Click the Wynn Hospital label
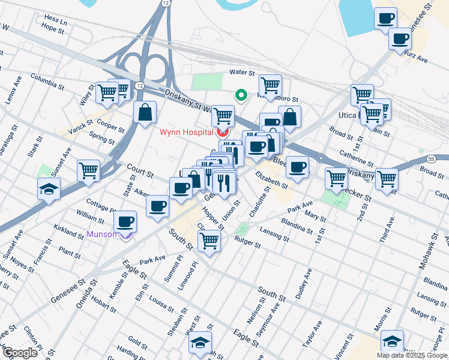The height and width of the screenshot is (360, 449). (x=186, y=132)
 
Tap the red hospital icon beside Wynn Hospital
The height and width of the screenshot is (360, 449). (x=222, y=131)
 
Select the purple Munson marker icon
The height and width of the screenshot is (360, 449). (x=126, y=235)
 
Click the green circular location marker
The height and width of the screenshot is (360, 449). (x=241, y=95)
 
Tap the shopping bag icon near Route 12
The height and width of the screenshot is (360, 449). (x=145, y=112)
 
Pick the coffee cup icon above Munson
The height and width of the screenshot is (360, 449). (x=125, y=221)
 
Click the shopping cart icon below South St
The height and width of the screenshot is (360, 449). (x=209, y=241)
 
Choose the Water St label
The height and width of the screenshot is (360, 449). (x=243, y=72)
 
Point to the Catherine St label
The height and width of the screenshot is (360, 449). (x=357, y=158)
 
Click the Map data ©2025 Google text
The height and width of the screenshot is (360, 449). (x=412, y=355)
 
